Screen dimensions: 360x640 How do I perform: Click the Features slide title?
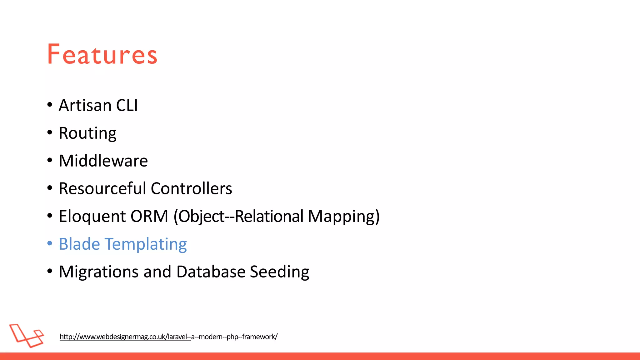pos(102,55)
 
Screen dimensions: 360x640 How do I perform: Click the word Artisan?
pos(85,105)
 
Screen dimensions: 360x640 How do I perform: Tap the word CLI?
pos(127,105)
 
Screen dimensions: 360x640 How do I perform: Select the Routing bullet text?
pos(87,133)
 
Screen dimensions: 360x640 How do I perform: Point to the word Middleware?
pos(103,161)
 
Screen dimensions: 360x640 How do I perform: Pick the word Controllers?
pos(191,188)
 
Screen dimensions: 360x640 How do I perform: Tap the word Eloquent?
pos(92,216)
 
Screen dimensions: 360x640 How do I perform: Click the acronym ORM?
pos(149,216)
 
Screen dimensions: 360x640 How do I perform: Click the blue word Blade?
pos(79,244)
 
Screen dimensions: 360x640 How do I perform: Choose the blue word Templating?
pos(146,244)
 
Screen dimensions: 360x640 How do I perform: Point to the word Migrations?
pos(98,272)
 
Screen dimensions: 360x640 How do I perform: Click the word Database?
pos(211,272)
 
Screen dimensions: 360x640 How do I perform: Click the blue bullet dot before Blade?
pos(50,243)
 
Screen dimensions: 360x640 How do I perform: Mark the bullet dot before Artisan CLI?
pos(50,105)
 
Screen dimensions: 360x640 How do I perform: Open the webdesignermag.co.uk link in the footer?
pos(168,337)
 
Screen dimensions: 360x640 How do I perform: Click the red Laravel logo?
pos(27,335)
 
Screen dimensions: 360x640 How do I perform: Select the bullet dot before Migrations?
pos(50,271)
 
